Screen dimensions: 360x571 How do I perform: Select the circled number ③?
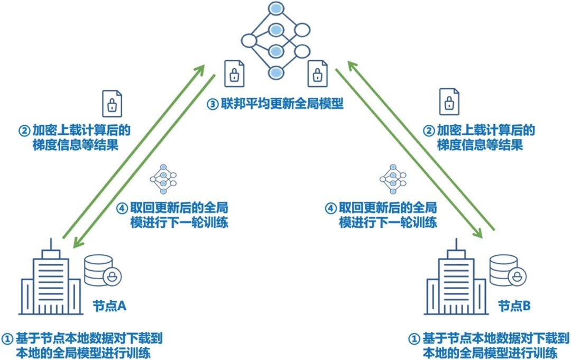211,104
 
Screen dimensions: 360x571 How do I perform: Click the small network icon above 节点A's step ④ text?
163,180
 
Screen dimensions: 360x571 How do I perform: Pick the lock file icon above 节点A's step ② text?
112,103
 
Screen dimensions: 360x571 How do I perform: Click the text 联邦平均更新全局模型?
281,104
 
